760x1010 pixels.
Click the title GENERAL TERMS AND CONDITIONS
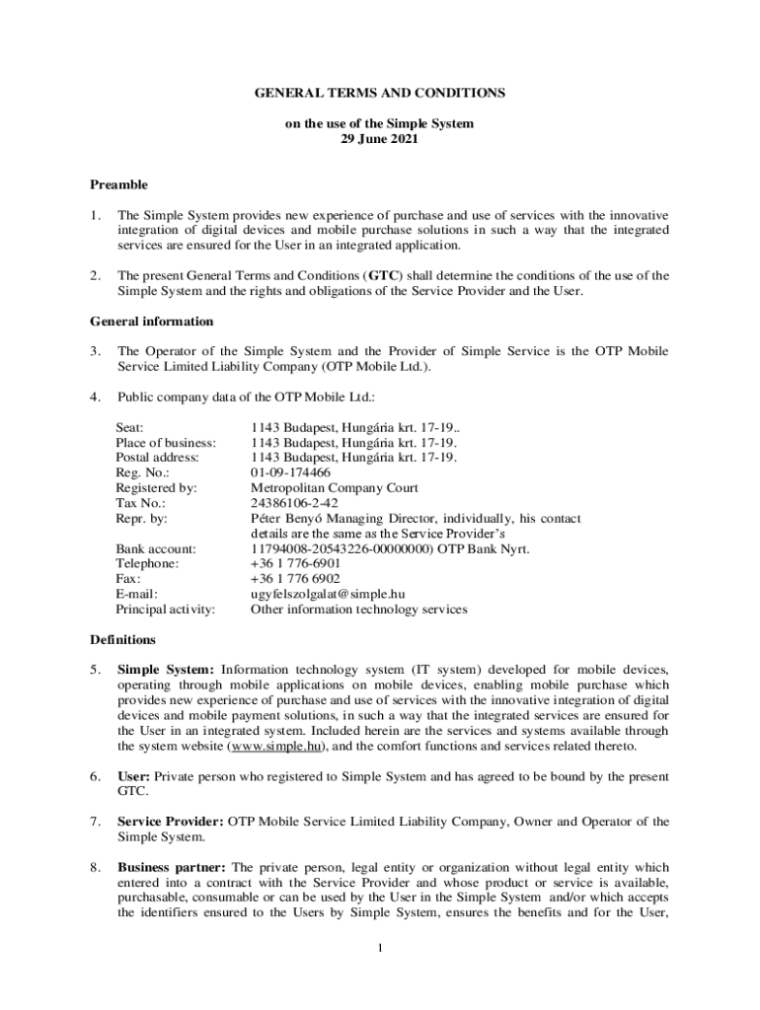pos(380,93)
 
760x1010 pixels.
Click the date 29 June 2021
pos(380,139)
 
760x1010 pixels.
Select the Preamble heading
pos(118,184)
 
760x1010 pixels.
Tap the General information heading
pos(151,321)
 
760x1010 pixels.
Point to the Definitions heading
pos(122,639)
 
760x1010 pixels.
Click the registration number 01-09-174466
pos(290,472)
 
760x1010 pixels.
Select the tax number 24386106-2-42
pos(293,503)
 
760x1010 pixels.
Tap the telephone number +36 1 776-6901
pos(295,563)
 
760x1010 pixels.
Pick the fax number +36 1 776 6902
pos(295,579)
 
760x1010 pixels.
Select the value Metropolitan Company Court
pos(334,487)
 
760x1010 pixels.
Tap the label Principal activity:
pos(165,609)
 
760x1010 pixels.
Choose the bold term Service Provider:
pos(171,822)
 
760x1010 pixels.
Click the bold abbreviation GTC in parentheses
pos(384,276)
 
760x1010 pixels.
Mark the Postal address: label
pos(157,458)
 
